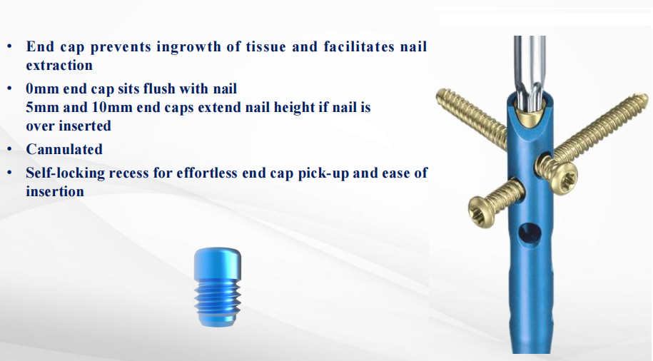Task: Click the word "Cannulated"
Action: pyautogui.click(x=64, y=149)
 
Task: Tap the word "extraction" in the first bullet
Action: pyautogui.click(x=59, y=65)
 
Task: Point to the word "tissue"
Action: pyautogui.click(x=266, y=46)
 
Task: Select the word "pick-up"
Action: pyautogui.click(x=323, y=173)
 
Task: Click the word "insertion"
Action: pyautogui.click(x=55, y=191)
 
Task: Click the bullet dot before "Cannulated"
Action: pyautogui.click(x=9, y=148)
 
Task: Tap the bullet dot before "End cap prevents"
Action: pyautogui.click(x=9, y=46)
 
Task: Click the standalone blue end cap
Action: pyautogui.click(x=218, y=287)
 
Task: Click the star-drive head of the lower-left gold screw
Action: pyautogui.click(x=482, y=211)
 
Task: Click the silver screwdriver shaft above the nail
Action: pyautogui.click(x=529, y=71)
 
